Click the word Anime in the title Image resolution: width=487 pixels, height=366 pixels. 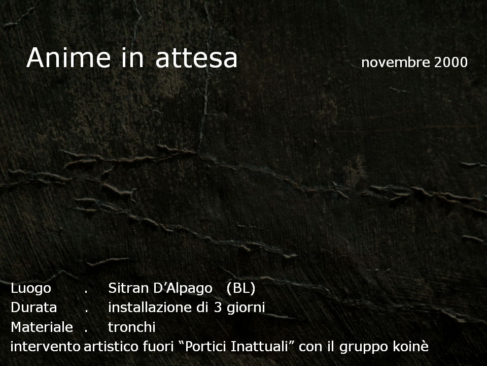[x=68, y=58]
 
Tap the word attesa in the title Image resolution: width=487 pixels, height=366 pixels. [x=196, y=58]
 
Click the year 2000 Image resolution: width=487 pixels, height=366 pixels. [x=450, y=63]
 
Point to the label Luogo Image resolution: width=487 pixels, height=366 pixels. [x=31, y=289]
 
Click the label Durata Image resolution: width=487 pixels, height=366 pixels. [x=34, y=308]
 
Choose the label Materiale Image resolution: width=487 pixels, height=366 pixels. [x=42, y=327]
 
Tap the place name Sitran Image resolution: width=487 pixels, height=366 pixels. [x=128, y=288]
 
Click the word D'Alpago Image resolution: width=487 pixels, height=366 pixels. [x=183, y=289]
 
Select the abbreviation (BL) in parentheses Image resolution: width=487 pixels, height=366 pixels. [x=241, y=289]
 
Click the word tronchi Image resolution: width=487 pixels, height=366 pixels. [x=132, y=327]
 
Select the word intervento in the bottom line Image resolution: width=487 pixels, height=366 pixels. [x=46, y=347]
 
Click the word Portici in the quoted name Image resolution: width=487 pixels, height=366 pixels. [x=205, y=347]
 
